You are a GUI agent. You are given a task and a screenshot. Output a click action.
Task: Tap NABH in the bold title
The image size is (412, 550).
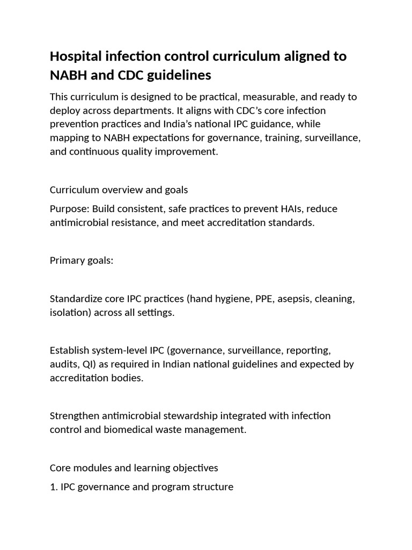pyautogui.click(x=68, y=75)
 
